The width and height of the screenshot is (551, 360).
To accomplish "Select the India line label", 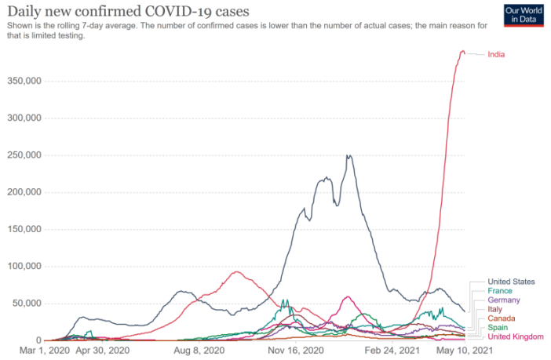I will tap(496, 54).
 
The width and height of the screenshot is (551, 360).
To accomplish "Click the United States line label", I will tap(511, 282).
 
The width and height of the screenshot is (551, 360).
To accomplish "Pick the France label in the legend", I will tap(500, 291).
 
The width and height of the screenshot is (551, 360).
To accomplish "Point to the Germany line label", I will tap(503, 300).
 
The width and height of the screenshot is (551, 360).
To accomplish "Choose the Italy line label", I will tap(495, 310).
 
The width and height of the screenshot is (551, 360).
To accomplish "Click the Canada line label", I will tap(501, 319).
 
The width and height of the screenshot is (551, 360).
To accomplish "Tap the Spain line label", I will tap(498, 328).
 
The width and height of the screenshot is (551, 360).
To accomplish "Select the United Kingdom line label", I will tap(515, 337).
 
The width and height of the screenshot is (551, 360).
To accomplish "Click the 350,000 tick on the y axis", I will tap(23, 81).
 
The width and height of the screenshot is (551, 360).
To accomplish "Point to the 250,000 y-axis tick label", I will tap(23, 155).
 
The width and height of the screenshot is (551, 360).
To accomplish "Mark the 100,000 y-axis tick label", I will tap(23, 267).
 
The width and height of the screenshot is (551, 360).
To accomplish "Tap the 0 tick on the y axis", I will tap(38, 340).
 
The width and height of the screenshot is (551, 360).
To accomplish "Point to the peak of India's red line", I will tap(462, 52).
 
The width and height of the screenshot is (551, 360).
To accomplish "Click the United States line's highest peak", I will tap(348, 155).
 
